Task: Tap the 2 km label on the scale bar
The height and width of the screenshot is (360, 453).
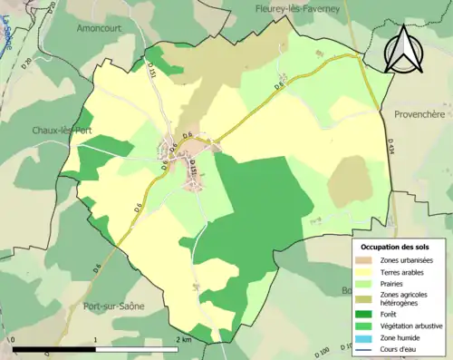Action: pyautogui.click(x=184, y=340)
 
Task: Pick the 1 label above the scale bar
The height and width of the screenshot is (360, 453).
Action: pyautogui.click(x=96, y=340)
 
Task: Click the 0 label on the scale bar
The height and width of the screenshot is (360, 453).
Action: pyautogui.click(x=14, y=340)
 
